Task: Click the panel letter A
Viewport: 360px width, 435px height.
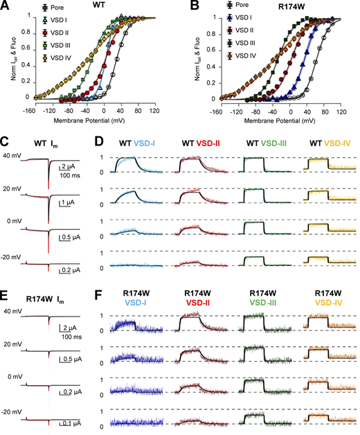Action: [x=6, y=7]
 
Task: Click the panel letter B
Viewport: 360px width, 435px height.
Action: [x=188, y=7]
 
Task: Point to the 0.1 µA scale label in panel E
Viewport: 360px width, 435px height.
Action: [x=67, y=423]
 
